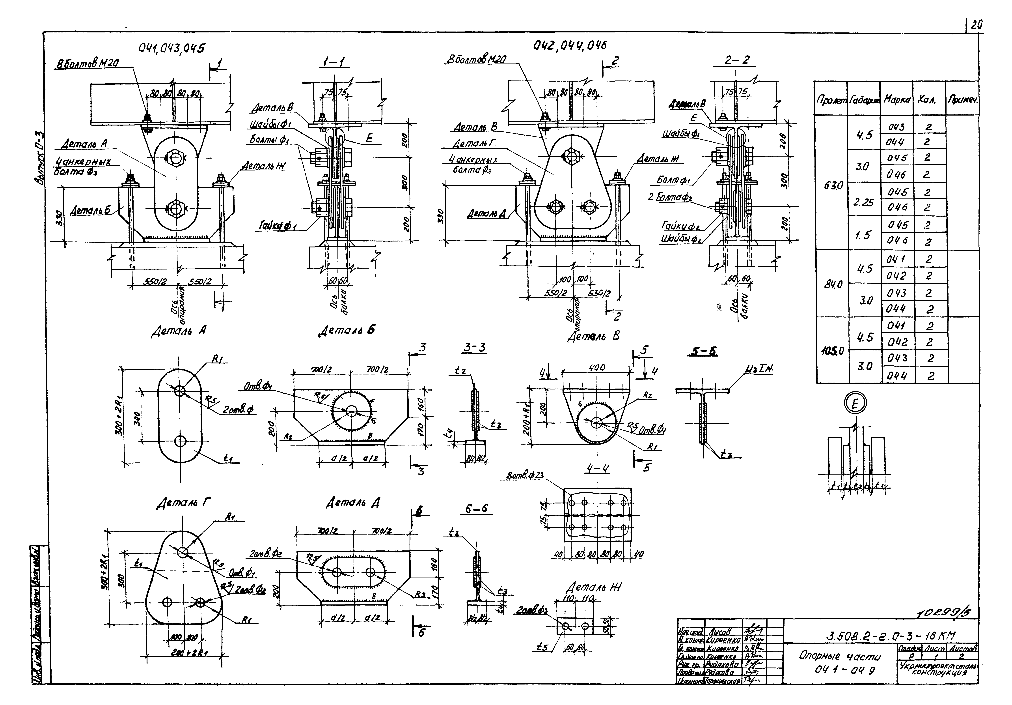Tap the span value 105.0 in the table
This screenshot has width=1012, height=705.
[x=832, y=351]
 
